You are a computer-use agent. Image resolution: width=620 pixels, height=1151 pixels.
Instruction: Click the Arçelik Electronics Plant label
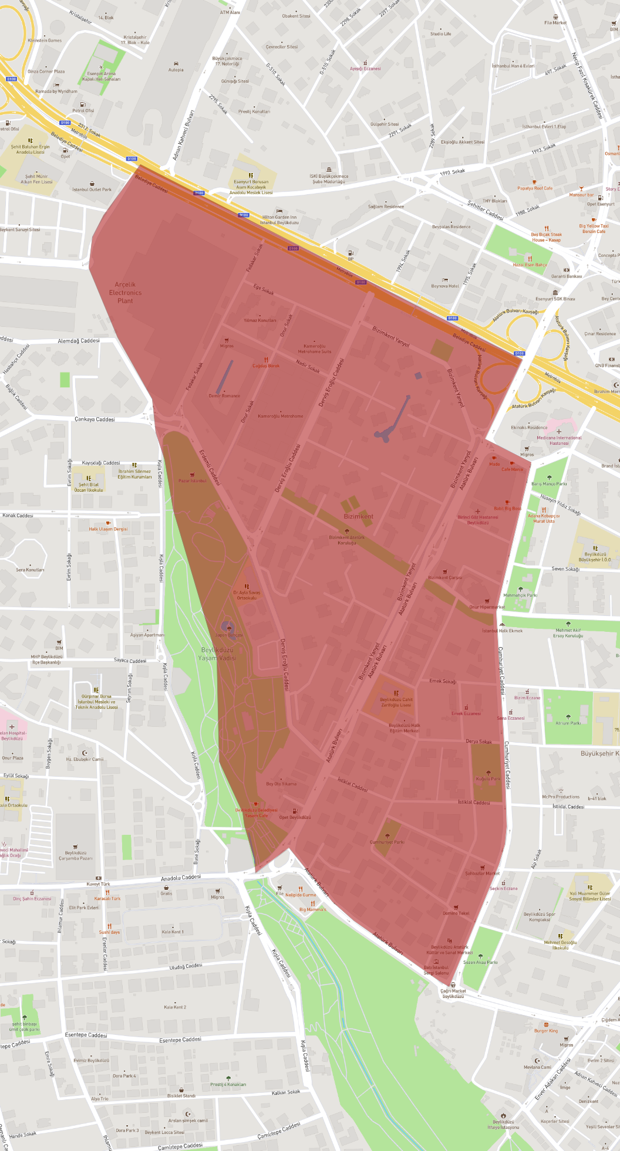125,292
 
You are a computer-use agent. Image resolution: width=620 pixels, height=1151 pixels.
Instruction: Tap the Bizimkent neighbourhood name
358,516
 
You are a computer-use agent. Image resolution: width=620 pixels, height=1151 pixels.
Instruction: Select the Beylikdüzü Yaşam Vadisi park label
217,654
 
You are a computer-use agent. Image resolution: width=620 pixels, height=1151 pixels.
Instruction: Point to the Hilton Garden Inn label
279,219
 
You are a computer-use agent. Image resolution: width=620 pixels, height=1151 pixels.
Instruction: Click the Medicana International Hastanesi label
559,440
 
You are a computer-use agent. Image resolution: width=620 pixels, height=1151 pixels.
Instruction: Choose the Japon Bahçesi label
228,635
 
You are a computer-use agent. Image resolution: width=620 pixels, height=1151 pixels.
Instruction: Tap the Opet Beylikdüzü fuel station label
295,817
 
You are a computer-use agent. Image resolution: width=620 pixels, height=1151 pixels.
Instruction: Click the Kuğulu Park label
488,779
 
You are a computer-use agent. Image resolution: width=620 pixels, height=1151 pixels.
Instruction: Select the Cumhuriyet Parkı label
387,842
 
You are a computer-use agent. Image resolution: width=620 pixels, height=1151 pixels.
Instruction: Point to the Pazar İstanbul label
193,480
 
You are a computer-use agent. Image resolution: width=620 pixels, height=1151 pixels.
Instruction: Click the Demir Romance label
224,395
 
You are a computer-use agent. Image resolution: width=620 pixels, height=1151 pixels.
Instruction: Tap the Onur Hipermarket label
487,607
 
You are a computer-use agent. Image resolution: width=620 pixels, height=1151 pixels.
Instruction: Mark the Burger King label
545,1030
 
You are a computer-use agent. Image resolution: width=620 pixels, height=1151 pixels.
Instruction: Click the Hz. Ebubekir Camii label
85,759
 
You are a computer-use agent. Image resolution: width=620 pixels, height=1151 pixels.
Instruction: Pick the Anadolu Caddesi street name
181,878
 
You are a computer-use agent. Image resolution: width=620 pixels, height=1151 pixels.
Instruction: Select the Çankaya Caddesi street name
95,419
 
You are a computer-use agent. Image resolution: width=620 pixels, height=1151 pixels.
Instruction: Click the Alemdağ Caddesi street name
79,341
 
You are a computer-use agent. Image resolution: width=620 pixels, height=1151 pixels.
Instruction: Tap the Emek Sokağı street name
443,681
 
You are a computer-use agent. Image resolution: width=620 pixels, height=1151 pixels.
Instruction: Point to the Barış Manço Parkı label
549,484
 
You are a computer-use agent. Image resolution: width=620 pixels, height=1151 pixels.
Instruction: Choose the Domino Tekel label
456,913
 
